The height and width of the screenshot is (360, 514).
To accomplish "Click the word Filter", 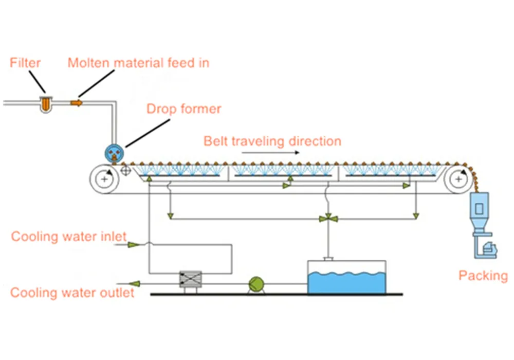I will (x=25, y=63).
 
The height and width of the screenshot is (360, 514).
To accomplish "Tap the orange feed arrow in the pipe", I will (x=76, y=103).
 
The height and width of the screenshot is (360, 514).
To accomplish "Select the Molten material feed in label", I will (x=139, y=63).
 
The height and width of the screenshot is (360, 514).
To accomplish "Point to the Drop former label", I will (x=183, y=109).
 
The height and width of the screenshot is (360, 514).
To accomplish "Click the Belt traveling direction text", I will (x=272, y=141).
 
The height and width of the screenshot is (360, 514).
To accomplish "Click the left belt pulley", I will (x=104, y=179).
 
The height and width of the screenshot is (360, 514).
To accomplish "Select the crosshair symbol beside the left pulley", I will (x=126, y=170).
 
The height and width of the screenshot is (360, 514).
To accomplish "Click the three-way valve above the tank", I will (x=327, y=219).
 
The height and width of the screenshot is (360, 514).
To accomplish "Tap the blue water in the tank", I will (x=345, y=281).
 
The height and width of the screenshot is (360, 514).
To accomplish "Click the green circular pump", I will (x=255, y=283).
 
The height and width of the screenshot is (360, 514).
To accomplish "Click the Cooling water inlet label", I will (x=68, y=237).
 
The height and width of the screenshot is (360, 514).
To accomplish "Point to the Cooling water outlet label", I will (x=72, y=293).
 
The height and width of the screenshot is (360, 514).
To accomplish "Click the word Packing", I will (x=482, y=276).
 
